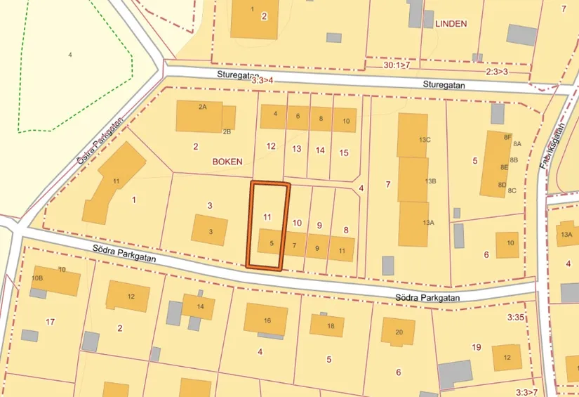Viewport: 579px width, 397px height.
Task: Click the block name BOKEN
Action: [x=227, y=161]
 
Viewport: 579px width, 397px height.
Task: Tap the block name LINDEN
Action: [x=451, y=23]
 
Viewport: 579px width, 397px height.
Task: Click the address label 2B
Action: [x=227, y=131]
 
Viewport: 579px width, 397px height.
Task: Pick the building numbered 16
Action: [x=266, y=320]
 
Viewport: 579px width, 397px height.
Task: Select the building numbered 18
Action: [x=328, y=325]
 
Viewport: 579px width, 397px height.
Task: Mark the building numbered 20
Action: [x=398, y=332]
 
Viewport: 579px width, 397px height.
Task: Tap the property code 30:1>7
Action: [x=397, y=65]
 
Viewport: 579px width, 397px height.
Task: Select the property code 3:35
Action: [x=516, y=318]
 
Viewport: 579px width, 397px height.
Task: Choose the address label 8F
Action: [x=507, y=138]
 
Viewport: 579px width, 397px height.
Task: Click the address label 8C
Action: [x=512, y=190]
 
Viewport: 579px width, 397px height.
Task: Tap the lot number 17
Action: [x=50, y=322]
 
